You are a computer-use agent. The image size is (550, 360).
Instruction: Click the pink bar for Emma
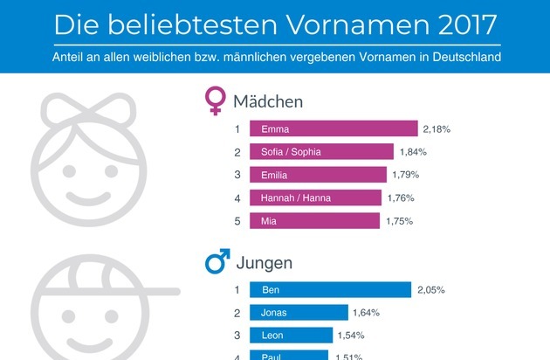click(333, 129)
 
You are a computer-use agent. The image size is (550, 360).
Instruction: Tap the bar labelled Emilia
click(318, 175)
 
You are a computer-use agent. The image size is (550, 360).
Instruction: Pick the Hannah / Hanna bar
click(317, 198)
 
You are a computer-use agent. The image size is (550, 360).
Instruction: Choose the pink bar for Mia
click(316, 221)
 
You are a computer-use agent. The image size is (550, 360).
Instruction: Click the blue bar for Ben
click(330, 289)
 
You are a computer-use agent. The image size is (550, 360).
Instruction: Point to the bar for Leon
click(291, 335)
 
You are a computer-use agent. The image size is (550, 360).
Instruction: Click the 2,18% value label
click(437, 129)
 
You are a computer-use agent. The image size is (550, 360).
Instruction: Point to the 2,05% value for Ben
click(430, 289)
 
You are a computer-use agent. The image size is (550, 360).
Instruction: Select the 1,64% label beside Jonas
click(366, 312)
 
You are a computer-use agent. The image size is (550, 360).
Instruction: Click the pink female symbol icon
click(215, 100)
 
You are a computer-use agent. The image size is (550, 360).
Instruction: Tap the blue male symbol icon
click(217, 260)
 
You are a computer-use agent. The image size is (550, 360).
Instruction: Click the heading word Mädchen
click(268, 101)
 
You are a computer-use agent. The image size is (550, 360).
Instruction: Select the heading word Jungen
click(263, 262)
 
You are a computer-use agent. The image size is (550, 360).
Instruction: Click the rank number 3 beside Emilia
click(237, 175)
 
